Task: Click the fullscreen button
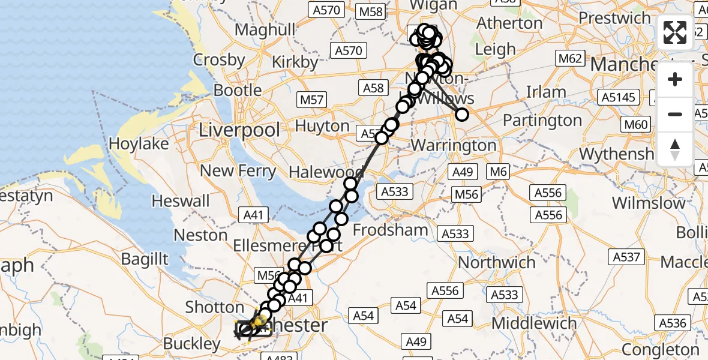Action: tap(675, 32)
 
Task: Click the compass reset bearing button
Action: tap(675, 148)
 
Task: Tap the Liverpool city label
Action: tap(240, 130)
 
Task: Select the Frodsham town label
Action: tap(391, 230)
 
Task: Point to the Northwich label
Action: tap(497, 262)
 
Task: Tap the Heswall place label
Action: tap(181, 200)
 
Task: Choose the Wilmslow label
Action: tap(648, 202)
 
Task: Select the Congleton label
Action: tap(660, 349)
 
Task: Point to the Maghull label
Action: tap(266, 30)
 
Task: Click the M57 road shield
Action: tap(312, 100)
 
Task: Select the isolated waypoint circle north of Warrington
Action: tap(462, 114)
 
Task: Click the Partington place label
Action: tap(542, 121)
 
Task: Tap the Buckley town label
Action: tap(192, 344)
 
